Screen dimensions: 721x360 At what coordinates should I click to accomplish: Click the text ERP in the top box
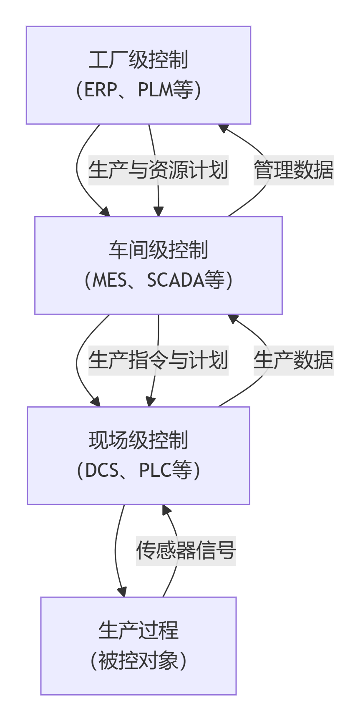click(x=100, y=90)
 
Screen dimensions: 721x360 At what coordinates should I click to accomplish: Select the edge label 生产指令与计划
click(x=158, y=360)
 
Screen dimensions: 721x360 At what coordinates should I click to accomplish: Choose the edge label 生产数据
click(x=294, y=360)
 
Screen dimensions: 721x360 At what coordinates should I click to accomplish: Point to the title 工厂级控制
click(x=138, y=60)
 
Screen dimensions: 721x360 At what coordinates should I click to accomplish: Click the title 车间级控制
click(x=159, y=250)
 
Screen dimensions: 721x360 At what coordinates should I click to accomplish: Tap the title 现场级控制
click(x=138, y=440)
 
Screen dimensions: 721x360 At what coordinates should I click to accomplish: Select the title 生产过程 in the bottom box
click(x=138, y=630)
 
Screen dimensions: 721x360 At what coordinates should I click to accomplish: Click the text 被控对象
click(x=138, y=660)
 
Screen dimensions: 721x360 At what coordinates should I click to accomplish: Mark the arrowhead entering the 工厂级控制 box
click(x=224, y=128)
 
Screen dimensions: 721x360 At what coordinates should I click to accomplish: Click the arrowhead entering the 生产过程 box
click(x=122, y=592)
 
